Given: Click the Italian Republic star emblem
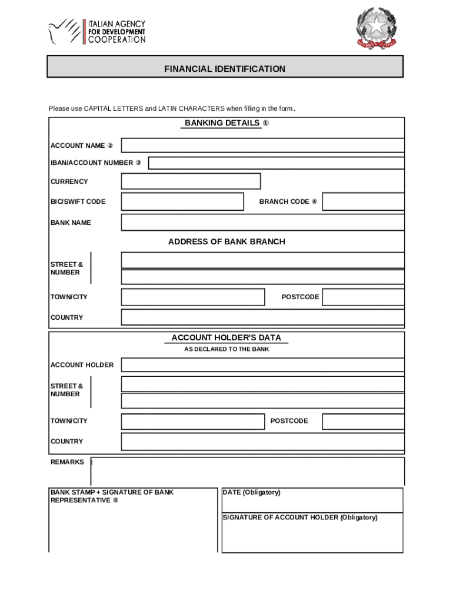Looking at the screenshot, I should pos(376,28).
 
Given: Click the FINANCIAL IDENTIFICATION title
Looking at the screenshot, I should pos(225,69).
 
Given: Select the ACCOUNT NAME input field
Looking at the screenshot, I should pos(262,145).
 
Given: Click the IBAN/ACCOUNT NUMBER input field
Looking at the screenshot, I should pos(276,163).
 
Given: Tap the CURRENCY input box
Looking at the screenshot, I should pos(191,181).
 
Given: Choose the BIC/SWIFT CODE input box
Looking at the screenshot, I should pos(182,201).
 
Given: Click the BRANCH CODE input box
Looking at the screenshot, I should pos(363,201).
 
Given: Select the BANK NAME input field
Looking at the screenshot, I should pos(262,223).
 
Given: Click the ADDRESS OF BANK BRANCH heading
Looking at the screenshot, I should pos(226,241).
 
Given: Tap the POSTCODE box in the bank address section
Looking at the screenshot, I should pos(363,297).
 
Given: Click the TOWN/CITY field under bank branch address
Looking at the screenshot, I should pos(193,297).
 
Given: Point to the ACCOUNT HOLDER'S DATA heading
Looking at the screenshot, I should pos(226,338).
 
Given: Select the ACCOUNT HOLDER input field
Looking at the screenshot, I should pos(262,365).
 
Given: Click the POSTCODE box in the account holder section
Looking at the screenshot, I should pos(363,421).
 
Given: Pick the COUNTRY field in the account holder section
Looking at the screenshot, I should pos(262,442).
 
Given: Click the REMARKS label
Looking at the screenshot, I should pos(67,462).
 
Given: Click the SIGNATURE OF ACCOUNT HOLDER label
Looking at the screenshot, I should pos(299,518).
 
